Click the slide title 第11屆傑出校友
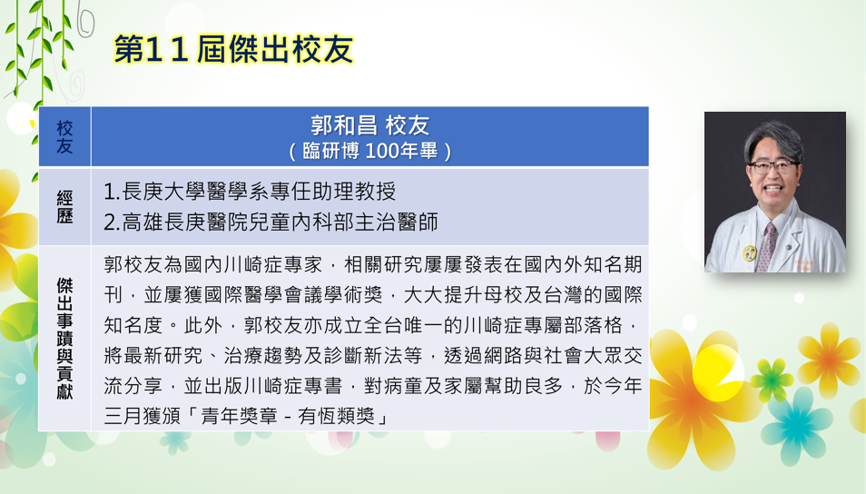[233, 49]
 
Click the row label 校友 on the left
[64, 137]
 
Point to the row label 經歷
[64, 207]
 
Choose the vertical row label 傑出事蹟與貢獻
[64, 338]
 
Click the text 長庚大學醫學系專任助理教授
[259, 192]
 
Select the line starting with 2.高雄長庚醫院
[271, 222]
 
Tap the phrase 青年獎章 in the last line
[239, 416]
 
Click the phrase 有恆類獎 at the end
[337, 416]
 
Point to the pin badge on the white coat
[750, 252]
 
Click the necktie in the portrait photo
[767, 247]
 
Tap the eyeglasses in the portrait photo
[773, 166]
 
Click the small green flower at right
[772, 379]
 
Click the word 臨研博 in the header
[330, 151]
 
